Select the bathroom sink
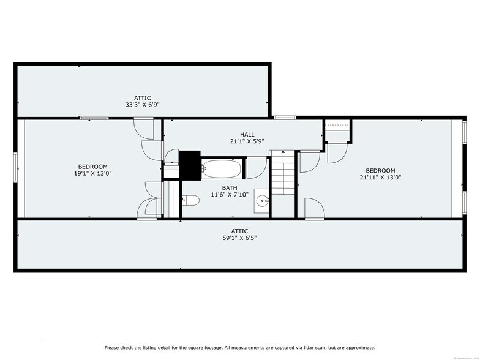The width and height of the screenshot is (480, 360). pos(263,200)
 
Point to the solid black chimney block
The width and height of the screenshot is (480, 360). pos(190,165)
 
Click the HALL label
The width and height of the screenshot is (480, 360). pos(247,135)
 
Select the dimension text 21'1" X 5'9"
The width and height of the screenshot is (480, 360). pos(247,141)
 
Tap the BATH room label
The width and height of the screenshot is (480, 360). pos(230,188)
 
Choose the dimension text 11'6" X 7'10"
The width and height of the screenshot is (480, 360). pos(230,195)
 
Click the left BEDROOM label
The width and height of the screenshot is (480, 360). pos(92,167)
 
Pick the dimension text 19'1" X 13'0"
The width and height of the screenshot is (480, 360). pos(92,173)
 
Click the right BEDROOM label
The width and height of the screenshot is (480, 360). pos(380,171)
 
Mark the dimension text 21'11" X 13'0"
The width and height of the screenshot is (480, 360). pos(380,178)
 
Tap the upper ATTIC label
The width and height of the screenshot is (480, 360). pos(142,98)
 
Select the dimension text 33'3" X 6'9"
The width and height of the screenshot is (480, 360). pos(142,105)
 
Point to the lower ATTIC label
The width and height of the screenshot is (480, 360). pos(239,231)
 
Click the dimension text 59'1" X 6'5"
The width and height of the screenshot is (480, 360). pos(239,238)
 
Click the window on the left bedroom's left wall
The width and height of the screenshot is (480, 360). pos(17,168)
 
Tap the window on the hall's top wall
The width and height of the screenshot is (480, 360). pos(285,118)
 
